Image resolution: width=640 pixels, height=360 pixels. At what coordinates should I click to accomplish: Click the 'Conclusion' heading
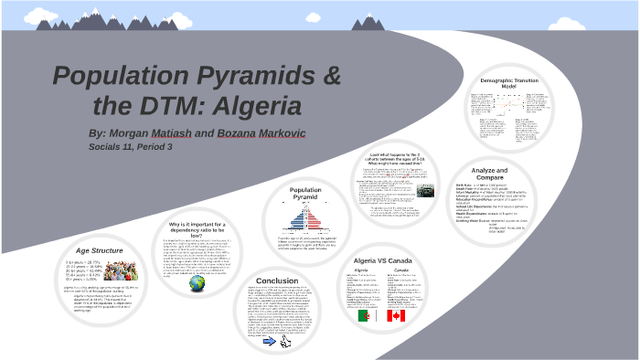(x=277, y=281)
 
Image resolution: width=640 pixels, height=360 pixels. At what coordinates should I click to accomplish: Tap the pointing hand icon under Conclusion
(x=284, y=343)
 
